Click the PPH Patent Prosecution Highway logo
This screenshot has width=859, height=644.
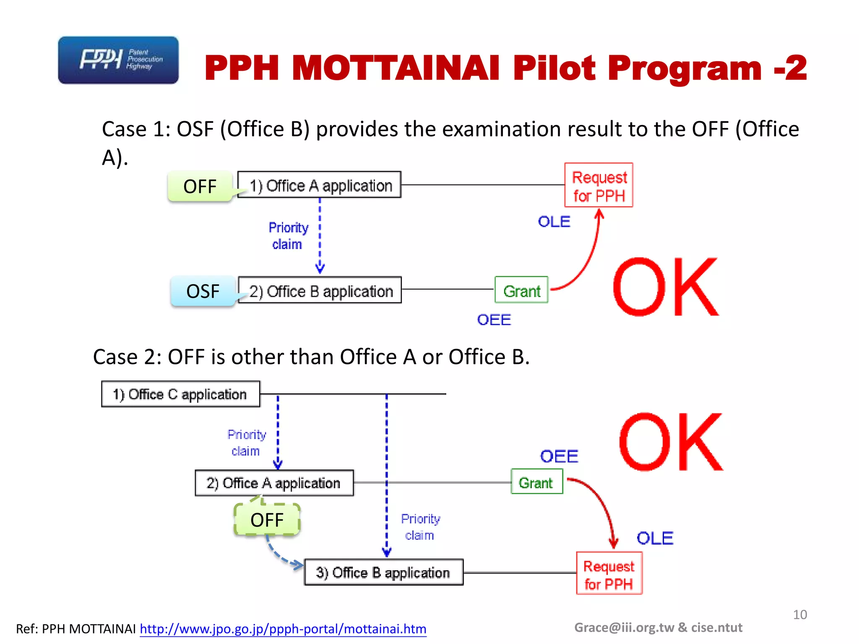click(118, 60)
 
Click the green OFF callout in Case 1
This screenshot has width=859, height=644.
click(200, 187)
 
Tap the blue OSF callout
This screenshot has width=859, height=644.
click(203, 291)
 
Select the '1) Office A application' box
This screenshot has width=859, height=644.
click(320, 185)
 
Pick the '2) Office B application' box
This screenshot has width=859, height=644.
click(320, 290)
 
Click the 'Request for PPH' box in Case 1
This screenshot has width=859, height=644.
click(599, 185)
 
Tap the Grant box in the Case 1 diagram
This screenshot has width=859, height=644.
click(521, 290)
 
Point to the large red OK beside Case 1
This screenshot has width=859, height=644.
click(665, 288)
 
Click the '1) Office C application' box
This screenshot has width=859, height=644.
click(181, 394)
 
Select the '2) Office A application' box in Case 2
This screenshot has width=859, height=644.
click(274, 483)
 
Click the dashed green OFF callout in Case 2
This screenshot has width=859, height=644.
click(267, 520)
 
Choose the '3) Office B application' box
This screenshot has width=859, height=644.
click(383, 572)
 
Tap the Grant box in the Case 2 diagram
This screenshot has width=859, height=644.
click(536, 482)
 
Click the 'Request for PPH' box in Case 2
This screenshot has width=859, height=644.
click(609, 574)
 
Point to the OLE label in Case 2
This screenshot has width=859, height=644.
click(655, 538)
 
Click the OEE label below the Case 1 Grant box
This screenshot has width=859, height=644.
click(494, 320)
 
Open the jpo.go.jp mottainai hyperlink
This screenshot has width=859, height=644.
click(283, 629)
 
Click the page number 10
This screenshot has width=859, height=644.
click(800, 615)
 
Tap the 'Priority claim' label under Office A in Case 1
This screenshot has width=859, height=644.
click(288, 236)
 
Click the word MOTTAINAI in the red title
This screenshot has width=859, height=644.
click(396, 68)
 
